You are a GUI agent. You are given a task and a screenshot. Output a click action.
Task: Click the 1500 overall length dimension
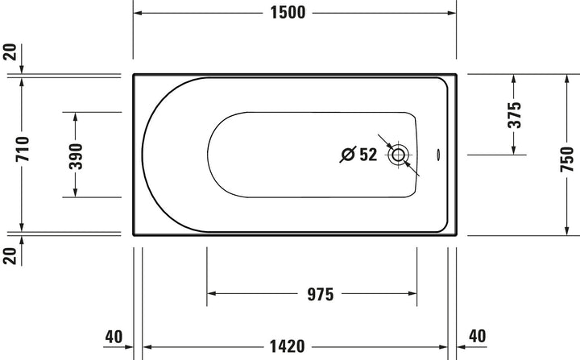point(288,13)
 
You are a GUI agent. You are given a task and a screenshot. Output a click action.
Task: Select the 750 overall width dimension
point(566,159)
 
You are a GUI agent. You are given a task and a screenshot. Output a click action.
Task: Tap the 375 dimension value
point(514,115)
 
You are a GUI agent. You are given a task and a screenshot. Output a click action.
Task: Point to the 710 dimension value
point(23,149)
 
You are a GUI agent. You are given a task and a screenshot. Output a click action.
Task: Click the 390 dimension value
point(76,156)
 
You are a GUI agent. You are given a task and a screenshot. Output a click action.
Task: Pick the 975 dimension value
point(321,295)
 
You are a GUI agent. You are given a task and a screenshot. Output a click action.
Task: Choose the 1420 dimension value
point(287,346)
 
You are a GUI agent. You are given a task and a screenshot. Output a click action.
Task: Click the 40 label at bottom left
point(114,337)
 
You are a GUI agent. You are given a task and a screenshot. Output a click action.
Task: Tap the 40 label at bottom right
point(477,336)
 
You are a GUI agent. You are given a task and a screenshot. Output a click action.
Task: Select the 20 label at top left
point(10,52)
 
